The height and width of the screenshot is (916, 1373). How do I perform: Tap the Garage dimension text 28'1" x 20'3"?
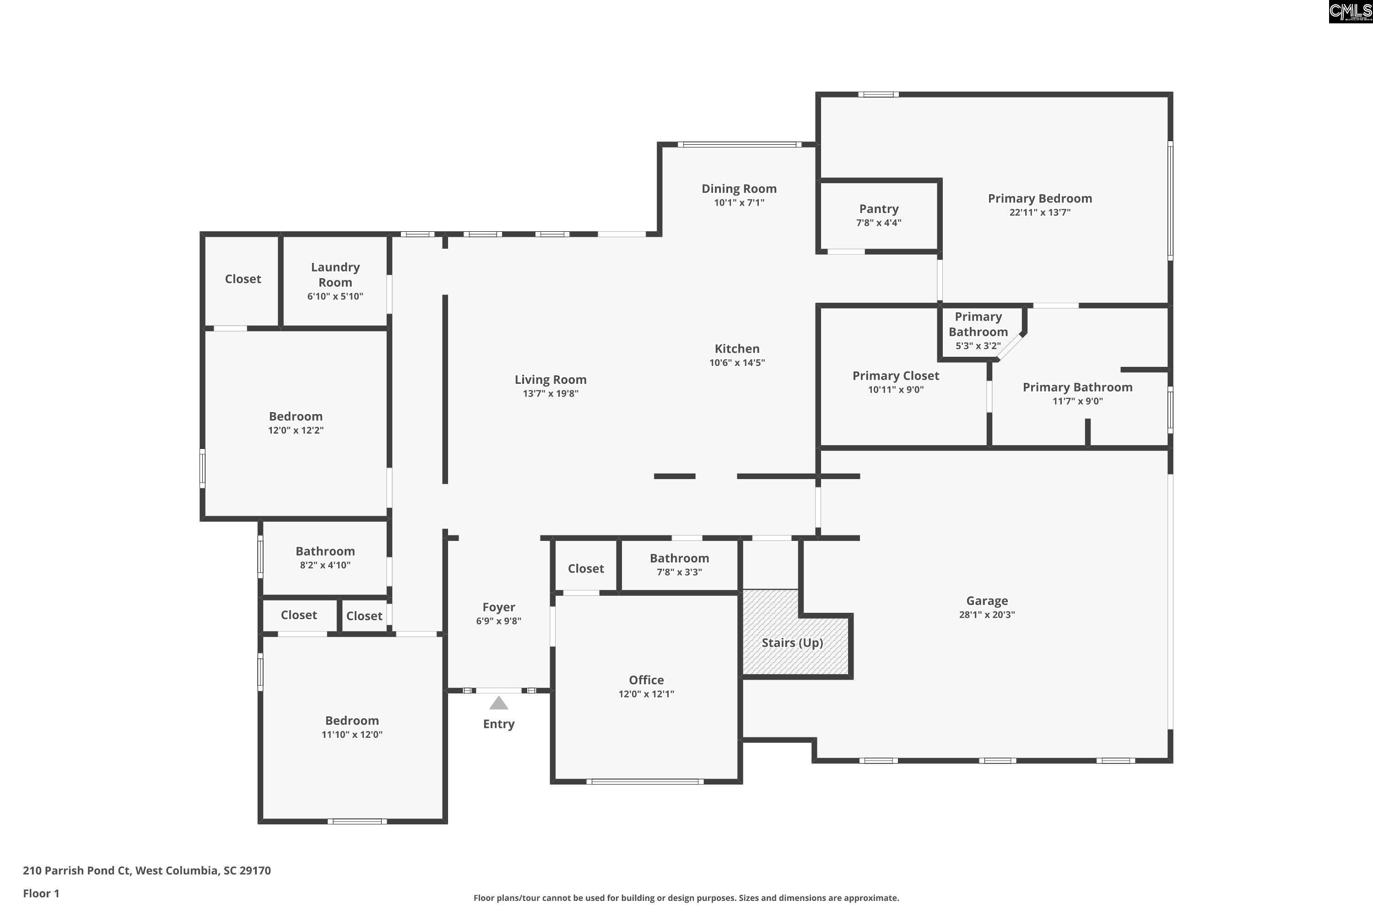click(x=987, y=615)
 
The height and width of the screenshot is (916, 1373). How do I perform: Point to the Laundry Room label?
click(x=335, y=274)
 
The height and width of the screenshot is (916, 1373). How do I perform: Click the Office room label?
click(x=646, y=680)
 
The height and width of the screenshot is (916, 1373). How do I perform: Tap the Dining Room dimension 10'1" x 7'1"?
click(x=739, y=203)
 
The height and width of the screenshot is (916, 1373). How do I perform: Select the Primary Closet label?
click(x=896, y=376)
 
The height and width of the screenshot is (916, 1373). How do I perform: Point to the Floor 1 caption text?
click(x=41, y=893)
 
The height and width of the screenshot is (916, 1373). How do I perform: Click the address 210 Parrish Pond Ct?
click(x=76, y=871)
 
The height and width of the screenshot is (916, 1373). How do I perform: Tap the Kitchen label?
click(x=737, y=349)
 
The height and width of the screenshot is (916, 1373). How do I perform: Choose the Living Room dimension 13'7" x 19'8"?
click(x=551, y=394)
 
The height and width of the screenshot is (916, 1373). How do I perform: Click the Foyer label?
click(x=498, y=608)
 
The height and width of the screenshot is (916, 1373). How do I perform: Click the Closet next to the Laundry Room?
click(x=243, y=279)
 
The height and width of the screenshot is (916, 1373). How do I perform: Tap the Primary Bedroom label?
click(x=1040, y=199)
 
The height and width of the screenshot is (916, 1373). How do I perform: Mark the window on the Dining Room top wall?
click(x=740, y=144)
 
